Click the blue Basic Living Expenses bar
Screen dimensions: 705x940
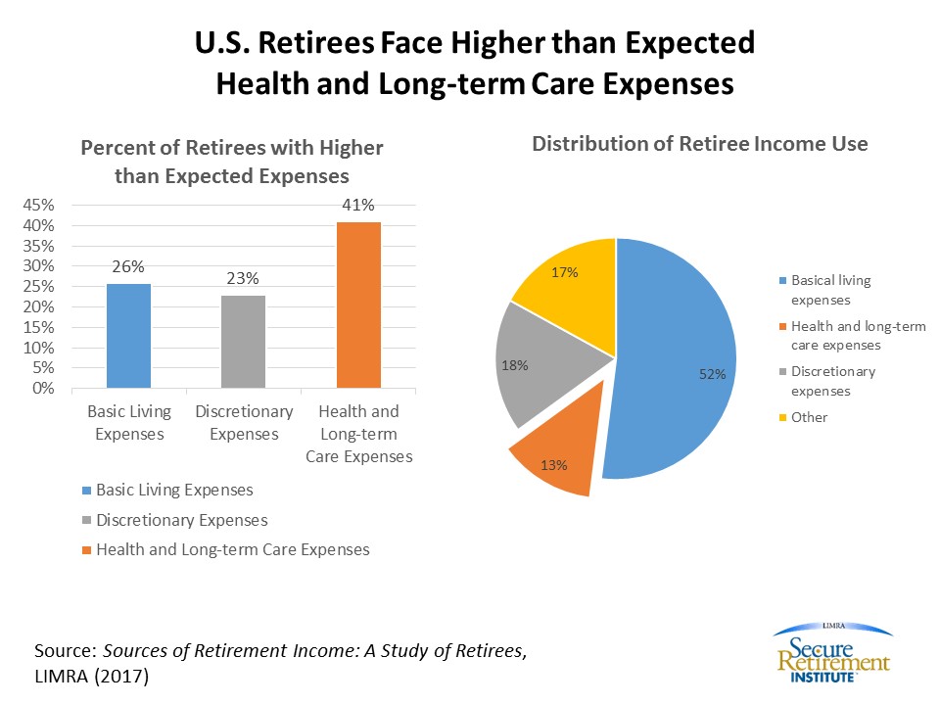(x=128, y=335)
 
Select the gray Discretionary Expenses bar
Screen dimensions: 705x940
(x=243, y=341)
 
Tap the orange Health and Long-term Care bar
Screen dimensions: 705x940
(x=358, y=305)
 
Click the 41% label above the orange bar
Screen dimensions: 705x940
(x=358, y=206)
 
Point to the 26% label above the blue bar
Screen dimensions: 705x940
(x=128, y=266)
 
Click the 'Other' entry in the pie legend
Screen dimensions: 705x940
(x=809, y=417)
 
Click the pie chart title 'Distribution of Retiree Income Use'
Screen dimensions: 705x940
(x=699, y=144)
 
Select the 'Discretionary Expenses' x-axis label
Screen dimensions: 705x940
(x=244, y=422)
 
